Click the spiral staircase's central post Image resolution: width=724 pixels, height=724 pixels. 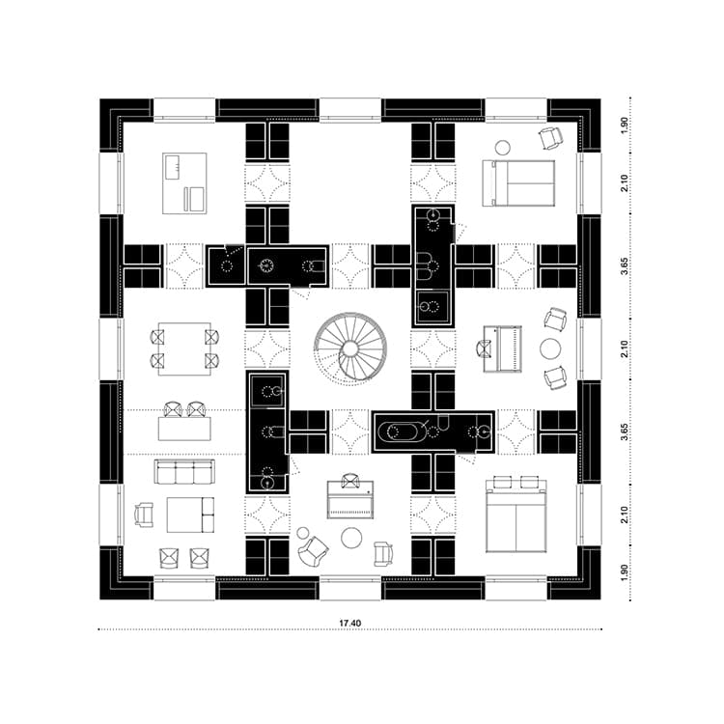(350, 348)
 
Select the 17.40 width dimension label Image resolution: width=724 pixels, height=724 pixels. (350, 623)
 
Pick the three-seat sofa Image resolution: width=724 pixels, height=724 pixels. (184, 472)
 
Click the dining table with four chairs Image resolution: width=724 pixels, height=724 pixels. (184, 349)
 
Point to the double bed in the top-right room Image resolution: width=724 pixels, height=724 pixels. (518, 182)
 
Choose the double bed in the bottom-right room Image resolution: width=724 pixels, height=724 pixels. (516, 516)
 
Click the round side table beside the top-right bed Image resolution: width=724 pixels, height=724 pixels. (502, 148)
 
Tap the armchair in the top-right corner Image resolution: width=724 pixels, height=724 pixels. (551, 138)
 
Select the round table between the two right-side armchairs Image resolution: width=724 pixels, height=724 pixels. (550, 348)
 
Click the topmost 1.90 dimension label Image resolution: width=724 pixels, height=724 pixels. (625, 125)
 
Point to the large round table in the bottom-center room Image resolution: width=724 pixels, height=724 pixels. (351, 538)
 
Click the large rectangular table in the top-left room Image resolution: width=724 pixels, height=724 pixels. (184, 183)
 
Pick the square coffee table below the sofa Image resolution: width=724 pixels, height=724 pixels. (190, 515)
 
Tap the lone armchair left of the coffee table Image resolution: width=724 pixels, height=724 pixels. (144, 515)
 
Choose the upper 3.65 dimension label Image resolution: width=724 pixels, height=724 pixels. (625, 266)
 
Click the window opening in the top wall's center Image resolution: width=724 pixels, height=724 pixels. (350, 110)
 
